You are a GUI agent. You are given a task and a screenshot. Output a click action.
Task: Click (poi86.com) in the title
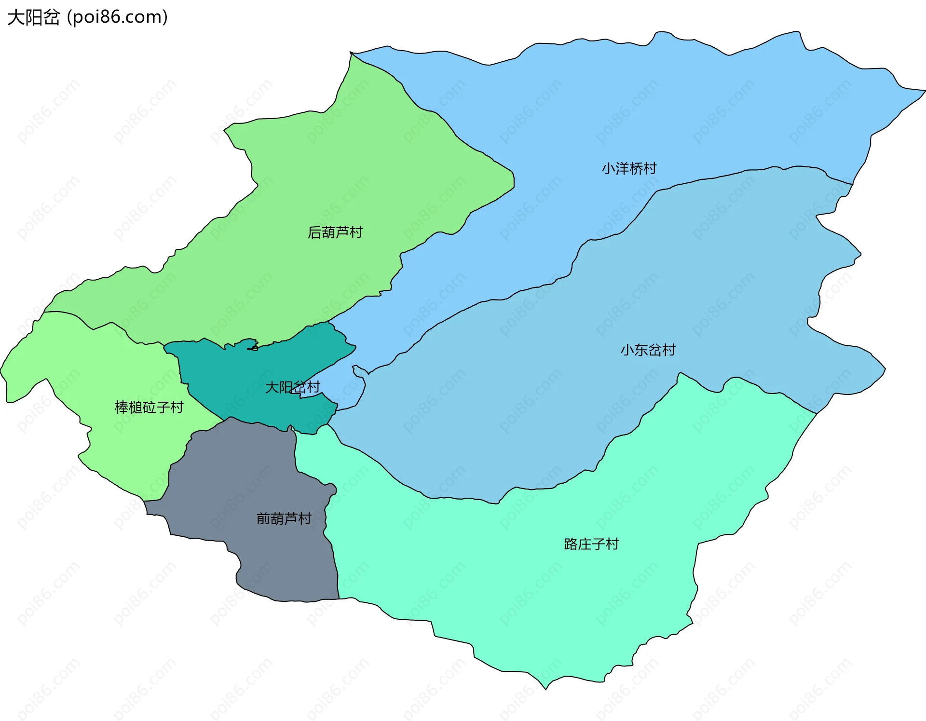click(117, 17)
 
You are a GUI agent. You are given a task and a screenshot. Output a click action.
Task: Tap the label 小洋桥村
click(629, 168)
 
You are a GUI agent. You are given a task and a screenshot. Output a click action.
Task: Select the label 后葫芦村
click(335, 232)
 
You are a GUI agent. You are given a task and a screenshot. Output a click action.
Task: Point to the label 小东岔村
click(648, 350)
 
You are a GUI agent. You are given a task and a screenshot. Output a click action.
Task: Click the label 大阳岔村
click(292, 387)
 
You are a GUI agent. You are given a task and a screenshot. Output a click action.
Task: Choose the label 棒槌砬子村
click(149, 408)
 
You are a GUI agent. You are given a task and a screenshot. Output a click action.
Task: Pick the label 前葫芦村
click(284, 518)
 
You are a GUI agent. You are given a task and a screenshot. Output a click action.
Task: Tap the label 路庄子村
click(591, 544)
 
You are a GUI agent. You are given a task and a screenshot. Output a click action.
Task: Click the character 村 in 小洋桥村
click(650, 168)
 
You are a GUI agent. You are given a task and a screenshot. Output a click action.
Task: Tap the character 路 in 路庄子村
click(571, 544)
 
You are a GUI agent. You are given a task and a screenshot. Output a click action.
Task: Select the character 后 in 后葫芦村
click(314, 232)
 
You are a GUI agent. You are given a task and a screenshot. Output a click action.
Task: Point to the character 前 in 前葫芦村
click(263, 518)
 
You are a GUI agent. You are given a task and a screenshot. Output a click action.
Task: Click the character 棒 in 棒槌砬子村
click(122, 408)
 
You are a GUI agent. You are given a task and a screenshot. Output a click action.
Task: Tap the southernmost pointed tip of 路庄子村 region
click(546, 688)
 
